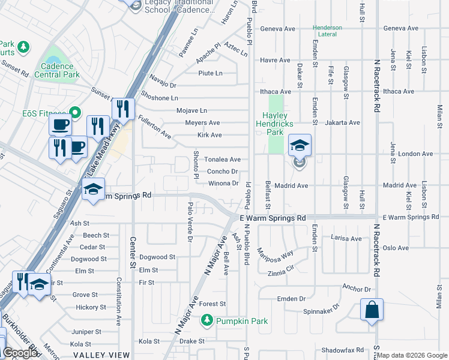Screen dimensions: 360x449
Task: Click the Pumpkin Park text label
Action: point(242,321)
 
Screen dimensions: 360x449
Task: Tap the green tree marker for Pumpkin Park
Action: point(207,320)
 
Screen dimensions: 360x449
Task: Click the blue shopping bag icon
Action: point(372,310)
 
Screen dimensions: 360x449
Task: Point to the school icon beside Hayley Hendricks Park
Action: point(300,145)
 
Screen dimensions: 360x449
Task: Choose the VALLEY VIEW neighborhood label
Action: point(102,355)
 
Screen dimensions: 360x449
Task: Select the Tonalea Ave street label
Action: point(223,160)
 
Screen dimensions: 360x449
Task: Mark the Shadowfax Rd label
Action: point(343,350)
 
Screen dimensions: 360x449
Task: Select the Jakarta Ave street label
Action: point(342,122)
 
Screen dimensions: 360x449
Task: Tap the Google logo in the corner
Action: point(20,353)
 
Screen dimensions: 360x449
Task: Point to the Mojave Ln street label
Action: point(191,110)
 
